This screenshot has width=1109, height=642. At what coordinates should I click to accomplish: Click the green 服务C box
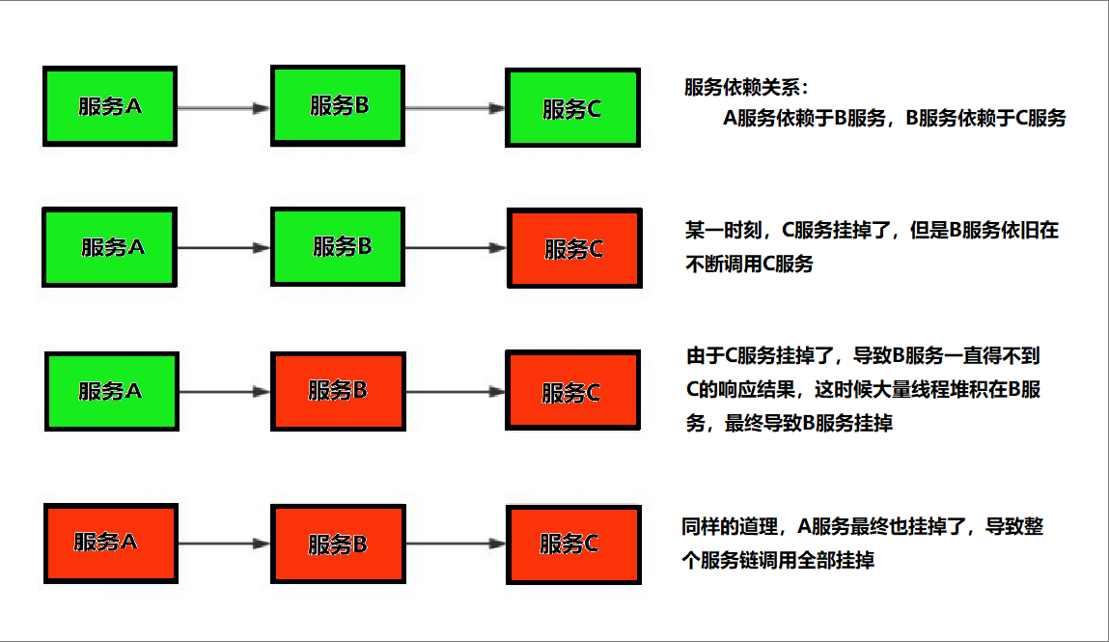point(572,108)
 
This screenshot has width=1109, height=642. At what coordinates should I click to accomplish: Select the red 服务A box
point(110,542)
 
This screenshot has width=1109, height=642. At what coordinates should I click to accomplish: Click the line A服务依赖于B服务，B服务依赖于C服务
point(894,119)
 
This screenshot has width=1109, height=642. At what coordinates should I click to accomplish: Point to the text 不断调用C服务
point(749,264)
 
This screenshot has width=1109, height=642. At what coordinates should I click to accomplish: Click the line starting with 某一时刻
point(872,231)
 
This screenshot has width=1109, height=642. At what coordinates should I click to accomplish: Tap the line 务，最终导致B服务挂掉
point(789,423)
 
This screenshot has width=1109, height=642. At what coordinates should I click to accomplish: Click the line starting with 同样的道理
point(862,527)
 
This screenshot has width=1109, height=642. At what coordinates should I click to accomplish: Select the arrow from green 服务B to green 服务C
point(455,108)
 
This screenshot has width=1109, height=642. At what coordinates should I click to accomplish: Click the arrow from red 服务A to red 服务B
point(223,544)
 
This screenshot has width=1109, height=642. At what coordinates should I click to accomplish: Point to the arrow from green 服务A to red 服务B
point(223,392)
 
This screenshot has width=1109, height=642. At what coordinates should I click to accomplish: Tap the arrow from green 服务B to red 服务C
point(455,248)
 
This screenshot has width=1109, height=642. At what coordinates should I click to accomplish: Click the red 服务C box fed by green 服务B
point(574,249)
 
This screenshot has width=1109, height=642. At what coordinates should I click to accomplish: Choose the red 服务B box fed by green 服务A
point(338,391)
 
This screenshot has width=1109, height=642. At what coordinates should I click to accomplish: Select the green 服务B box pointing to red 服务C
point(338,246)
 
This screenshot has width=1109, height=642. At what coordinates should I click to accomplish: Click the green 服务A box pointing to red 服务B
point(112,391)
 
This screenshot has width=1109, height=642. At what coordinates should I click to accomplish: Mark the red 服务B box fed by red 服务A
point(338,544)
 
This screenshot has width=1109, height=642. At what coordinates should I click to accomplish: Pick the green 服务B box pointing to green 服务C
point(338,106)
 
